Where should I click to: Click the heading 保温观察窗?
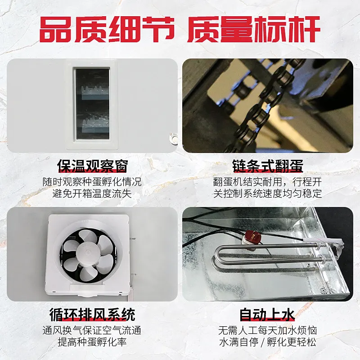pyautogui.click(x=92, y=166)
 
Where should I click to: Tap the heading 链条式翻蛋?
pyautogui.click(x=268, y=166)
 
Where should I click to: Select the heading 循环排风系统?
pyautogui.click(x=92, y=314)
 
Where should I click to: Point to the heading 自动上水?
pyautogui.click(x=267, y=314)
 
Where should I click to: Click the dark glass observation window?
pyautogui.click(x=92, y=104)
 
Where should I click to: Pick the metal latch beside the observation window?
pyautogui.click(x=174, y=139)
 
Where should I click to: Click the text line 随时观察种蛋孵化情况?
pyautogui.click(x=92, y=182)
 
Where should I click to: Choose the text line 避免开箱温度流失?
pyautogui.click(x=92, y=193)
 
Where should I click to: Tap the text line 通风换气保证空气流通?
pyautogui.click(x=92, y=330)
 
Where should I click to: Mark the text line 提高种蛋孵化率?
pyautogui.click(x=92, y=342)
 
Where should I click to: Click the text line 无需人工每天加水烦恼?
pyautogui.click(x=267, y=330)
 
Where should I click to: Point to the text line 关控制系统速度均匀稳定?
pyautogui.click(x=267, y=193)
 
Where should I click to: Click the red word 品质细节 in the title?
pyautogui.click(x=107, y=29)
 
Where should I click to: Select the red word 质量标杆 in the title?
pyautogui.click(x=254, y=29)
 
